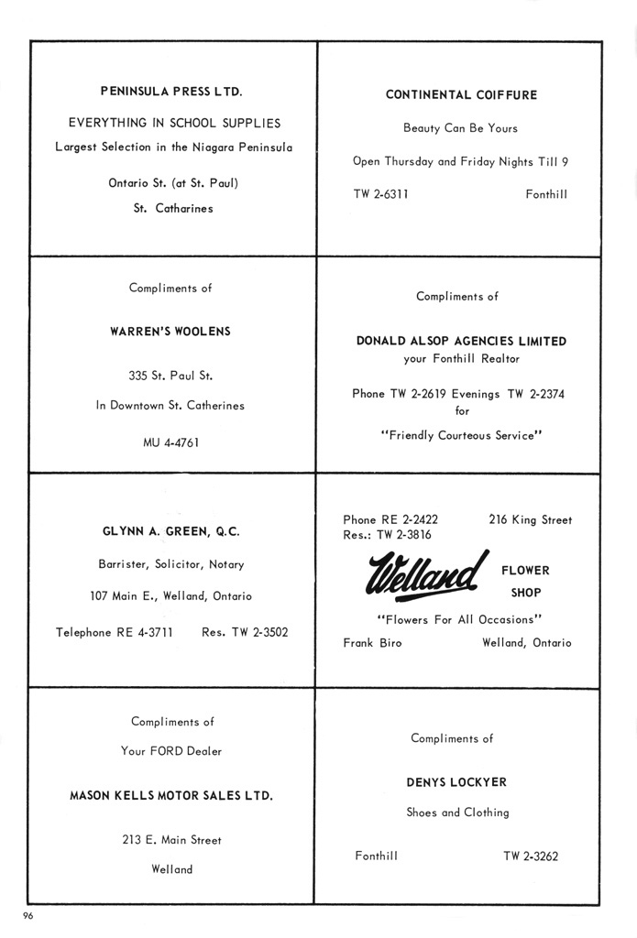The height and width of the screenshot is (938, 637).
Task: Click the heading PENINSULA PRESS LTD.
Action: pos(171,92)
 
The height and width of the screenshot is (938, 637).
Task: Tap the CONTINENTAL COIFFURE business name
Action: pos(461,95)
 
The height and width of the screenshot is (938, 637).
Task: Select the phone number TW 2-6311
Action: pos(380,194)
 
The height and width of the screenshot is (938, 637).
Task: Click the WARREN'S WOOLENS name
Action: pos(170,332)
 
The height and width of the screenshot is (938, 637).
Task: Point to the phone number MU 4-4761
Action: pos(170,442)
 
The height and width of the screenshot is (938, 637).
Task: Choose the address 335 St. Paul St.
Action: pos(170,375)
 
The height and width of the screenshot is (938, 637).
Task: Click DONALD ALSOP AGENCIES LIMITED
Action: pos(461,341)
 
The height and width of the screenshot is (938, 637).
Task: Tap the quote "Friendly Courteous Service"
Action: pos(461,436)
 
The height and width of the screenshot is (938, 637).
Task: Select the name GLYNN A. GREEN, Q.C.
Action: pos(170,531)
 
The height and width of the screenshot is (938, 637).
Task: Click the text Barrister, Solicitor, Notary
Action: pos(171,564)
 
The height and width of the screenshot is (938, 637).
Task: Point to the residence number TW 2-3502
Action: pos(245,631)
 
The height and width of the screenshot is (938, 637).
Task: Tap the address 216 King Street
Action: pos(530,519)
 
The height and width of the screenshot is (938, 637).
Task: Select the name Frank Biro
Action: pos(372,643)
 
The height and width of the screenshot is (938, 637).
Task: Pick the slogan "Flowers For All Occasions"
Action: pos(460,619)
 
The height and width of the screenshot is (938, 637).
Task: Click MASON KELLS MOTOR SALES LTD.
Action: pos(171,796)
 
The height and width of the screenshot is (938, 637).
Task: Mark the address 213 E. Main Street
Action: pos(171,839)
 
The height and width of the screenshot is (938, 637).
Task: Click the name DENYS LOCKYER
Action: pos(456,782)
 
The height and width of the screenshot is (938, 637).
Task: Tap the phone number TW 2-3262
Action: pos(531,856)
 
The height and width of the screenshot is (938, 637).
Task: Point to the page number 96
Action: pos(29,916)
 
